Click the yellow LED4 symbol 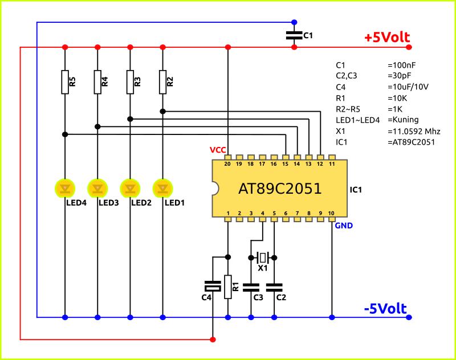tap(65, 187)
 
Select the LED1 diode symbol tap(163, 187)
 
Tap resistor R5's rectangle tap(65, 81)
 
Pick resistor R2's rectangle tap(163, 81)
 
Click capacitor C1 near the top tap(294, 35)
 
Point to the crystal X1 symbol tap(262, 257)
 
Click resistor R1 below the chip tap(228, 287)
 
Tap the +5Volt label tap(386, 38)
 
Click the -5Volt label tap(385, 309)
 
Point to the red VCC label tap(218, 150)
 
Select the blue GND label tap(344, 226)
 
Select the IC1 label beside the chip tap(356, 189)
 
